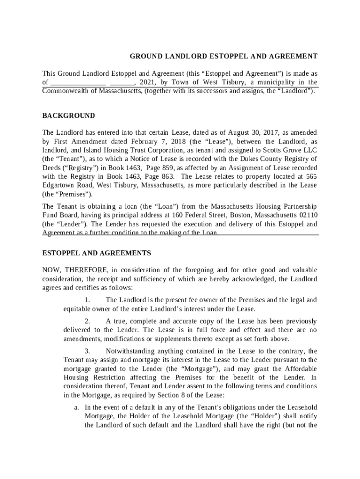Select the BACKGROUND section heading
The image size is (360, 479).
coord(69,116)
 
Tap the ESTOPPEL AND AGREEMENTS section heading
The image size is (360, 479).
coord(97,253)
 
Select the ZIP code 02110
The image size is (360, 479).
coord(307,215)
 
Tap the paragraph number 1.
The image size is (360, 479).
coord(87,300)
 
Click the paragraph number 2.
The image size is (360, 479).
coord(87,321)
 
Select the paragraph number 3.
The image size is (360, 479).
coord(87,351)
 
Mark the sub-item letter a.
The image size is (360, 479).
coord(76,408)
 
